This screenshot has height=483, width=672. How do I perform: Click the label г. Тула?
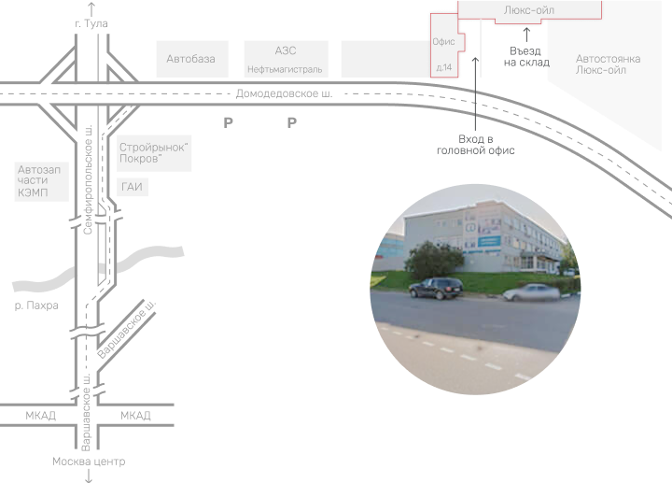[x=90, y=23]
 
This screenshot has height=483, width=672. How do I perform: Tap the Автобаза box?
[x=190, y=59]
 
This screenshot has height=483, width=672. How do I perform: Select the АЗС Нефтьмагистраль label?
[x=286, y=59]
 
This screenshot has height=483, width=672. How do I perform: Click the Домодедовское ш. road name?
[x=284, y=93]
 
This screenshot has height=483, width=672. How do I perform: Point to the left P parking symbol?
[x=228, y=122]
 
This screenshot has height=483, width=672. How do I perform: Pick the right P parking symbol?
[x=291, y=122]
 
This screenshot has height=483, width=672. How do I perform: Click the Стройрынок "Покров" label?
[x=154, y=153]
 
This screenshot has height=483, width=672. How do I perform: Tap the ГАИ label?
[x=133, y=187]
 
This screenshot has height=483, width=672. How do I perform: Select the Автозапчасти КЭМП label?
[x=38, y=180]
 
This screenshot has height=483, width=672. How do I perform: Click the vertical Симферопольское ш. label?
[x=88, y=178]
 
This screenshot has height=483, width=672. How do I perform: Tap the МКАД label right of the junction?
[x=135, y=415]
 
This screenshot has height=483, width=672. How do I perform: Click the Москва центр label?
[x=89, y=462]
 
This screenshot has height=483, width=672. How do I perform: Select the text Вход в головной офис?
[x=475, y=145]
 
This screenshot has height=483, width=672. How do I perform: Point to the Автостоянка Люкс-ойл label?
[x=608, y=64]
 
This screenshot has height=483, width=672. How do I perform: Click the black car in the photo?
[x=435, y=288]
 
